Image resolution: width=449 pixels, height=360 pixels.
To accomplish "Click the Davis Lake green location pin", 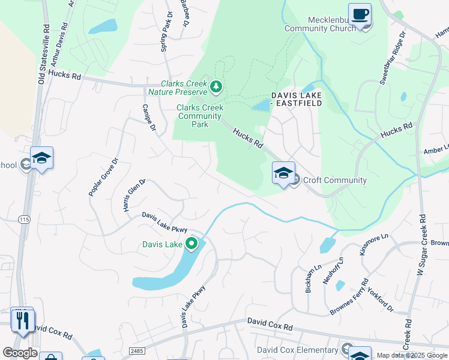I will [191, 244].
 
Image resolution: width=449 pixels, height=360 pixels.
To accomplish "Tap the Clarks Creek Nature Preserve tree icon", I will [216, 88].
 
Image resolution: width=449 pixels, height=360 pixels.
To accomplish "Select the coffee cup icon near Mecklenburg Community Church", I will [360, 15].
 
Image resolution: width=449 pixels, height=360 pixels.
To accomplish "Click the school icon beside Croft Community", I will [283, 174].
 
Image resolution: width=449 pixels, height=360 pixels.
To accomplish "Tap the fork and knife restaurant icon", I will [23, 320].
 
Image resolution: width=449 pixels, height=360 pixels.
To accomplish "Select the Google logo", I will [20, 353].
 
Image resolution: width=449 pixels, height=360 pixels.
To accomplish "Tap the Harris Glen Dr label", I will [134, 194].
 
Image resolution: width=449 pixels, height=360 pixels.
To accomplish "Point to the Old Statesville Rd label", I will [43, 55].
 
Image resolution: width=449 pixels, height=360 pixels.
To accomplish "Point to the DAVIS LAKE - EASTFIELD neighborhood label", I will [297, 99].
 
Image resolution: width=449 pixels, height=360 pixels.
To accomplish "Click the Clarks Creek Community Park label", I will [200, 116].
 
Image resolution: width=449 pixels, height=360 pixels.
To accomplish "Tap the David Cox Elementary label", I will [297, 350].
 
